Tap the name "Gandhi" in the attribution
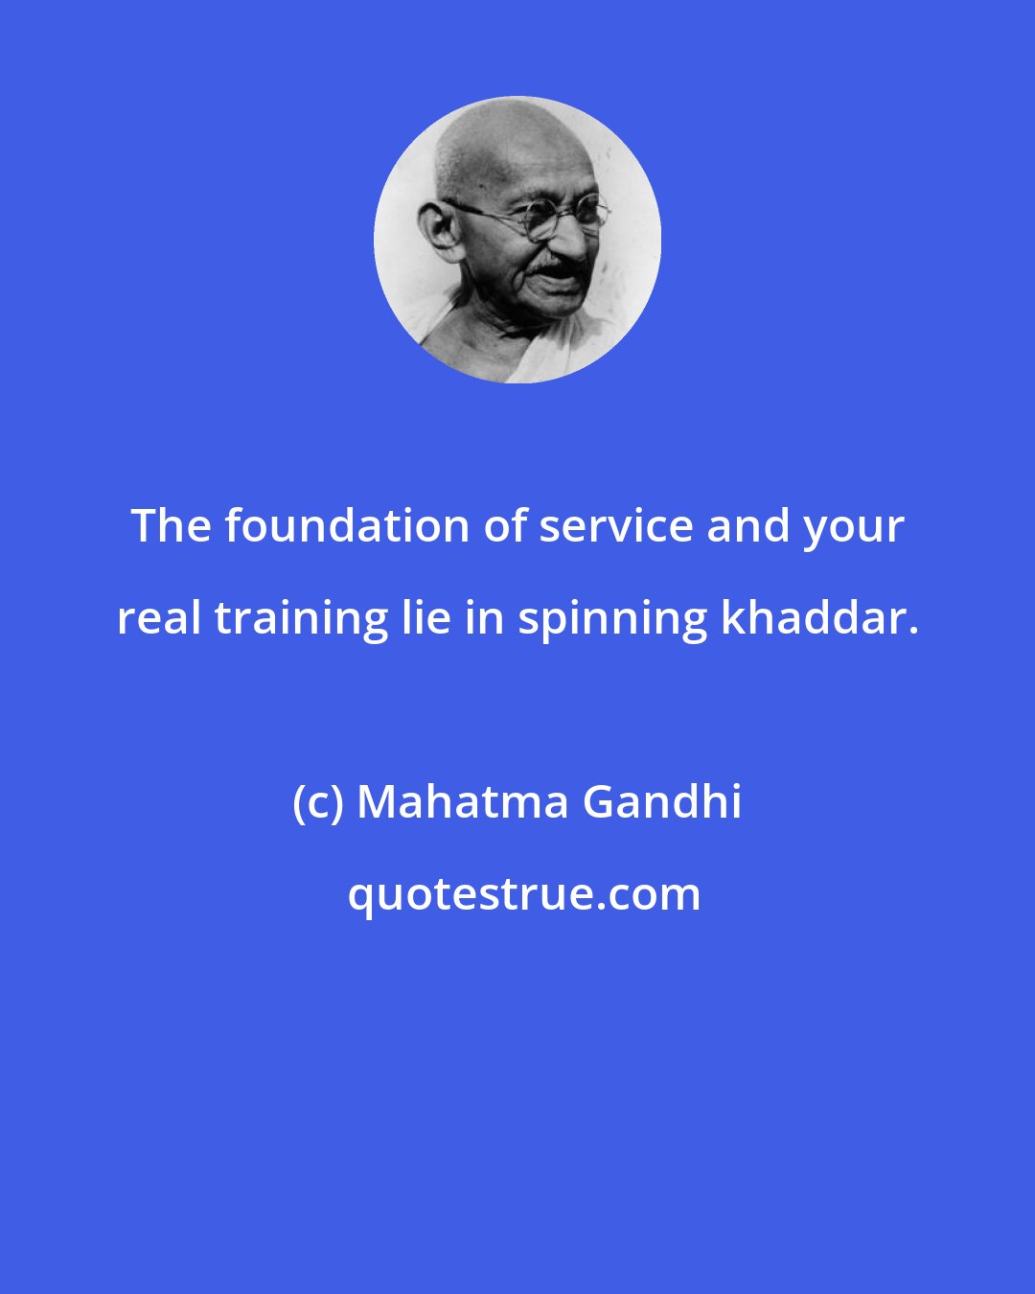click(662, 802)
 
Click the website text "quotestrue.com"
click(523, 894)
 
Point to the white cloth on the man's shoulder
click(537, 355)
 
